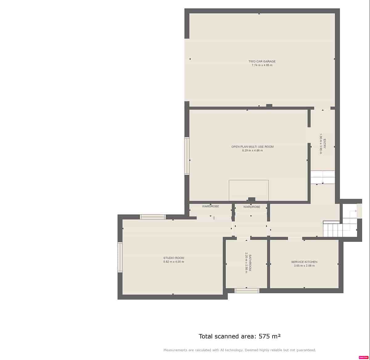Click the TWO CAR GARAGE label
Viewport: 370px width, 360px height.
(262, 61)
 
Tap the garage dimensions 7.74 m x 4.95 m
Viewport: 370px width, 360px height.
(262, 65)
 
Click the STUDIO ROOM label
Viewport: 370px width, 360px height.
(174, 258)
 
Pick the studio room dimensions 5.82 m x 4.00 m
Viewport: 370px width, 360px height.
(174, 262)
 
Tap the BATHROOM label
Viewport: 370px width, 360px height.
(250, 263)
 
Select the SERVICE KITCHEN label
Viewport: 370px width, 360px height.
(304, 262)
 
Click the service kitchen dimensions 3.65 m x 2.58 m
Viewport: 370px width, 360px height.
(304, 266)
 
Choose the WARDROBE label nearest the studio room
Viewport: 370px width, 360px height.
(211, 206)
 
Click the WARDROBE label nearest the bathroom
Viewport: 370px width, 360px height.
(252, 207)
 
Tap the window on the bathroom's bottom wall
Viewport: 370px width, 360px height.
(247, 291)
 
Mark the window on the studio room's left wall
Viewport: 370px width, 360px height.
(120, 257)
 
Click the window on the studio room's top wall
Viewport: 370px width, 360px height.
(153, 217)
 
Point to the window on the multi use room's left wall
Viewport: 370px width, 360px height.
(187, 156)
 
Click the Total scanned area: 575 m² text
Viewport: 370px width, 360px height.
(240, 336)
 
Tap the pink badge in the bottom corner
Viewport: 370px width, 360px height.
(364, 357)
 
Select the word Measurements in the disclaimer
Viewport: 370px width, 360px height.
(175, 350)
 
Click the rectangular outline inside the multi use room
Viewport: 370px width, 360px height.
(249, 190)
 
